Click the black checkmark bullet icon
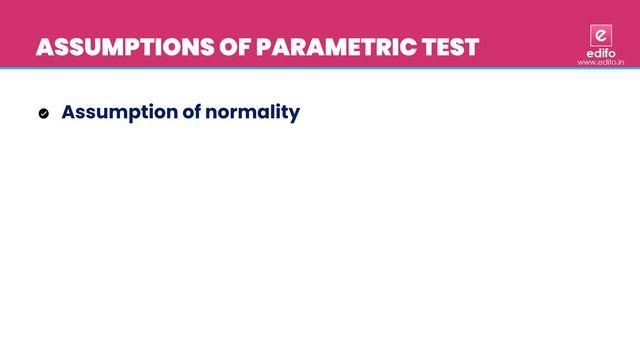click(x=44, y=113)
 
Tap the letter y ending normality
click(x=294, y=114)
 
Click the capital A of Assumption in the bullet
click(x=69, y=112)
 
